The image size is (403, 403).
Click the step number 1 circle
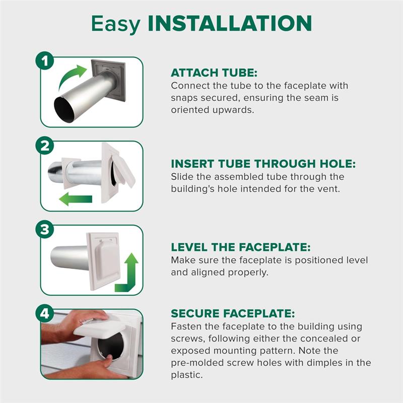(x=45, y=61)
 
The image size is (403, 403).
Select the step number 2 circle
(x=45, y=146)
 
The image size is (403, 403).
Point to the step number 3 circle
(x=45, y=230)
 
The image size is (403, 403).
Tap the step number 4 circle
(x=45, y=314)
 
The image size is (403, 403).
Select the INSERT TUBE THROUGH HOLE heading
(x=263, y=164)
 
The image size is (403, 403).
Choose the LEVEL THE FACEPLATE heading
(x=241, y=247)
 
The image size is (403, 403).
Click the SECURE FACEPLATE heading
(x=233, y=313)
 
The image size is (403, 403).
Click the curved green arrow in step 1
(x=73, y=77)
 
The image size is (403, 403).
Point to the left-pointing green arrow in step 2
(x=76, y=199)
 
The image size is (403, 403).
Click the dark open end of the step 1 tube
(x=63, y=109)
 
